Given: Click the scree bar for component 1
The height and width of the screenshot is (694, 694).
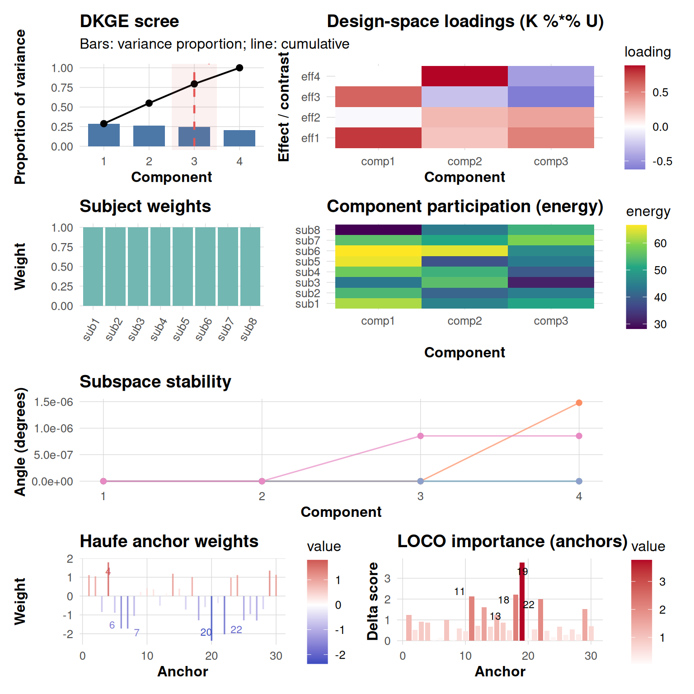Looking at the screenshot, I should pyautogui.click(x=104, y=135).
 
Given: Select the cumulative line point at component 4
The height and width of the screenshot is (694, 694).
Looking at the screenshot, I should pyautogui.click(x=239, y=68).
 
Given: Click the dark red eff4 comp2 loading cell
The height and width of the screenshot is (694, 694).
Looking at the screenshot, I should pyautogui.click(x=464, y=76).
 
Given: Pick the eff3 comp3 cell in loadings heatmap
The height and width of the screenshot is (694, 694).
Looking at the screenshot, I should pyautogui.click(x=551, y=97).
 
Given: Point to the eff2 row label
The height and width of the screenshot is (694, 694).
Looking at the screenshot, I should pyautogui.click(x=310, y=117).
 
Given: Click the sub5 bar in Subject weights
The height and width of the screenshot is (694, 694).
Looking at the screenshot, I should pyautogui.click(x=183, y=267).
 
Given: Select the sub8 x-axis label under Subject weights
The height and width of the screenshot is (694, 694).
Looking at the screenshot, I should pyautogui.click(x=249, y=328).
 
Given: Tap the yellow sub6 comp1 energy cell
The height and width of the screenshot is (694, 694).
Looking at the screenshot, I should pyautogui.click(x=378, y=251).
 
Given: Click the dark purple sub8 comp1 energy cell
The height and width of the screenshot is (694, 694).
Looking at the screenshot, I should pyautogui.click(x=378, y=230).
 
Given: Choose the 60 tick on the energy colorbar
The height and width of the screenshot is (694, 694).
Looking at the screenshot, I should pyautogui.click(x=660, y=244).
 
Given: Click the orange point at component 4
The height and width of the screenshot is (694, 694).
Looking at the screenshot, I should pyautogui.click(x=579, y=403).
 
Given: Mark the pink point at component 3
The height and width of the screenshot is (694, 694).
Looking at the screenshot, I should pyautogui.click(x=420, y=436).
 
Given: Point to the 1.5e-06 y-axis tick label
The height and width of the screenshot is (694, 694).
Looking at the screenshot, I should pyautogui.click(x=53, y=402).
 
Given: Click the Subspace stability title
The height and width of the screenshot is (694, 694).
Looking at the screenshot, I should pyautogui.click(x=155, y=382).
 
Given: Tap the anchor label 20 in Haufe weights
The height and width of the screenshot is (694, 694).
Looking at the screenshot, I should pyautogui.click(x=206, y=632).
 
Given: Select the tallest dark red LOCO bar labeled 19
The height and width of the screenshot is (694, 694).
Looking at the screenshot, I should pyautogui.click(x=522, y=601).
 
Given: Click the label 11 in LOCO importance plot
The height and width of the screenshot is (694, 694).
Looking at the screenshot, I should pyautogui.click(x=459, y=591).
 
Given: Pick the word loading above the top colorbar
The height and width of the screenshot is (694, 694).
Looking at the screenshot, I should pyautogui.click(x=647, y=52).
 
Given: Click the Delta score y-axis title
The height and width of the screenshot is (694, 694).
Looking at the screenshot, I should pyautogui.click(x=373, y=601).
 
